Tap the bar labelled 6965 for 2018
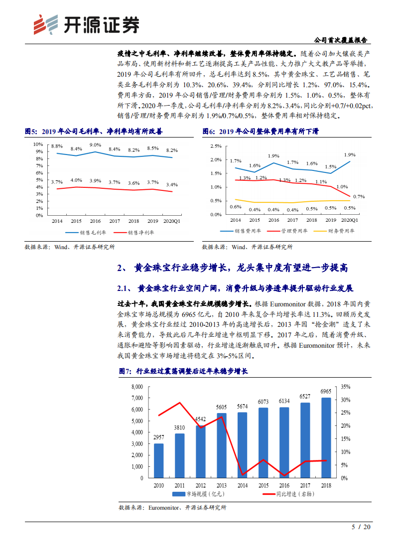click(326, 437)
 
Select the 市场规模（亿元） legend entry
click(194, 494)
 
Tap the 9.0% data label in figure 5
click(95, 145)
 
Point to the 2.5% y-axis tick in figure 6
click(215, 146)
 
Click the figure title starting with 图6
click(260, 132)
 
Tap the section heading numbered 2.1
click(235, 288)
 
